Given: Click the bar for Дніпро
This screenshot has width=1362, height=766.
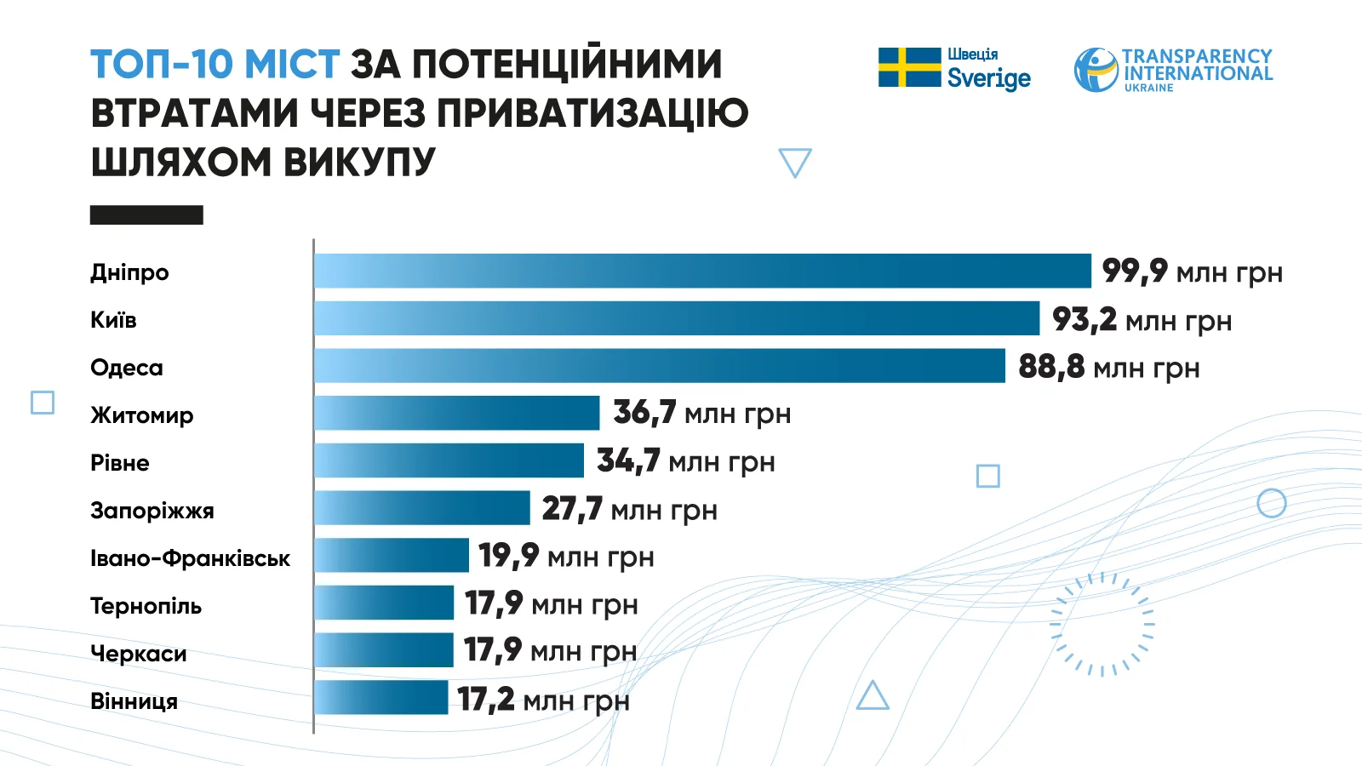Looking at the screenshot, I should pos(702,271).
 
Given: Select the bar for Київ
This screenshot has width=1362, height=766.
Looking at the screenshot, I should pos(677,318).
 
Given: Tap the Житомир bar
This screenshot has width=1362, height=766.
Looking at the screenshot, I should pos(457,413).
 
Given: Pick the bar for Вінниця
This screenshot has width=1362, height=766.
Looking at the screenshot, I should pos(381,698).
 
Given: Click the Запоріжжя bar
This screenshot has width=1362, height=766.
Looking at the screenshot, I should pos(422,508).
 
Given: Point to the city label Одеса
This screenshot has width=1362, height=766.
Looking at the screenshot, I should pos(127,368).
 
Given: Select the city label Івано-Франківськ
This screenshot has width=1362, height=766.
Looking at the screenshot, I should pos(190,558).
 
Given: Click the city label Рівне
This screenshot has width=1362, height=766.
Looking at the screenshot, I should pos(120,463).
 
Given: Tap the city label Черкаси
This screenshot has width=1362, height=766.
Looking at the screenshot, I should pos(138,654).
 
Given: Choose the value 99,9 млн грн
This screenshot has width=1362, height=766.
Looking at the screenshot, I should pos(1192,272).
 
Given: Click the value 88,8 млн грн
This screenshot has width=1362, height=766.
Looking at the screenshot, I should pos(1108,367).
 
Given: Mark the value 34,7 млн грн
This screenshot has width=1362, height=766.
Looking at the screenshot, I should pos(686,461).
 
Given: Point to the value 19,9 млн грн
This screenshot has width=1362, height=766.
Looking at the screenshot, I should pos(566,557).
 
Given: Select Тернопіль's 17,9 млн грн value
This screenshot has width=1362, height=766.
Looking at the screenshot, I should pos(552,604).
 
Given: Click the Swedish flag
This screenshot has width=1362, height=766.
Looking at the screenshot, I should pos(909,67).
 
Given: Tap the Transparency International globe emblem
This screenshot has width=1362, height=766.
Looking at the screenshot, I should pos(1096,70).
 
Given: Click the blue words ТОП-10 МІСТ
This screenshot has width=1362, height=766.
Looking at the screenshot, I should pos(215,65).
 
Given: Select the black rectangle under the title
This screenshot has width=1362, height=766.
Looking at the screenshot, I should pos(146,214).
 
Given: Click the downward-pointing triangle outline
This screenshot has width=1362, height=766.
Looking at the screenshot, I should pos(795,161).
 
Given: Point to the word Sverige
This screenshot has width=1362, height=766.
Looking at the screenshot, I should pos(988,78).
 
